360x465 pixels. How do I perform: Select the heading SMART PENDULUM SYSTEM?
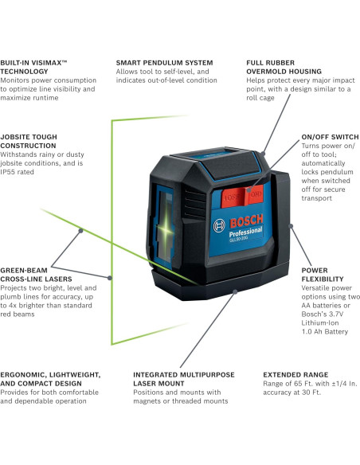pos(164,61)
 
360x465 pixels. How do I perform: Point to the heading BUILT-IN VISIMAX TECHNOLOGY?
pos(45,66)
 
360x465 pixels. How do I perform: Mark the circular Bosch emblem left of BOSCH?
pos(218,227)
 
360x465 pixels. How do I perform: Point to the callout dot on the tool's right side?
pos(292,226)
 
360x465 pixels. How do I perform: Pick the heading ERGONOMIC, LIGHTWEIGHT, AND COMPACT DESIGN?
pos(50,378)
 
